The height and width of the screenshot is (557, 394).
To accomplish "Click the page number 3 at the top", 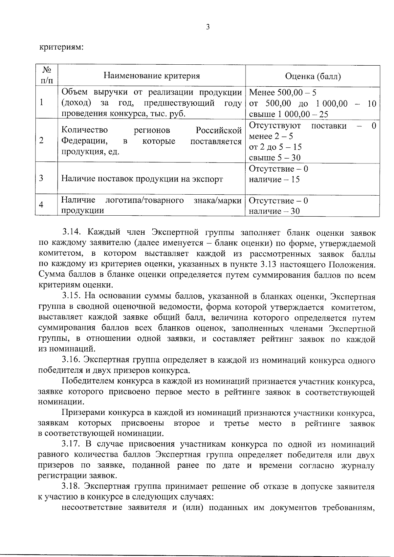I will (x=208, y=27).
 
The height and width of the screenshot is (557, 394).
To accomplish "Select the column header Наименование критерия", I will (x=152, y=76).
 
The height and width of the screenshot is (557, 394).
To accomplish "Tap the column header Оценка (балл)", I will (x=313, y=76).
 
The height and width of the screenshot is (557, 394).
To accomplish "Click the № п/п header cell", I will (x=46, y=75).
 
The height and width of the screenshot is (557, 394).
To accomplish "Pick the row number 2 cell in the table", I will (x=41, y=141).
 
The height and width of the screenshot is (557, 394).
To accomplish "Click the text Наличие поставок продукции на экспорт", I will (x=142, y=179).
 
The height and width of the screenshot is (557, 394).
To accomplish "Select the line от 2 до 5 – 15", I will (x=275, y=147).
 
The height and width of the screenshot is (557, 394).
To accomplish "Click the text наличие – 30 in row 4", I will (x=274, y=211).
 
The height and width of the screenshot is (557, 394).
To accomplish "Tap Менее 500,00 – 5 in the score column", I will (x=283, y=93).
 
